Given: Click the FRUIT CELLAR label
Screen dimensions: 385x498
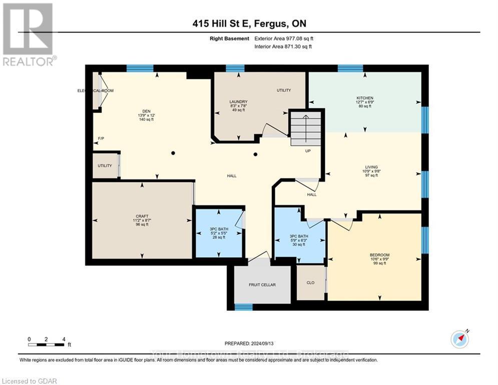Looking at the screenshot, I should point(262,285).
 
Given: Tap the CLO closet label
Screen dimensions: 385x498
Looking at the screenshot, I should point(310,283).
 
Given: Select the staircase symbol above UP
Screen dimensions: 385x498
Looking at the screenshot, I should point(305,128).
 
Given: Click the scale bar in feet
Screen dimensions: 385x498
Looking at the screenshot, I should point(46,344).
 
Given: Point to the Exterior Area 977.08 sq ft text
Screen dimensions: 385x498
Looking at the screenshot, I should point(284,39).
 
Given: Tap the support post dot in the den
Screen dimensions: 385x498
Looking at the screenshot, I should point(173,153).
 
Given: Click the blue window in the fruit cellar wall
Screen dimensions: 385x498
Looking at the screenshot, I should point(243,307).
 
